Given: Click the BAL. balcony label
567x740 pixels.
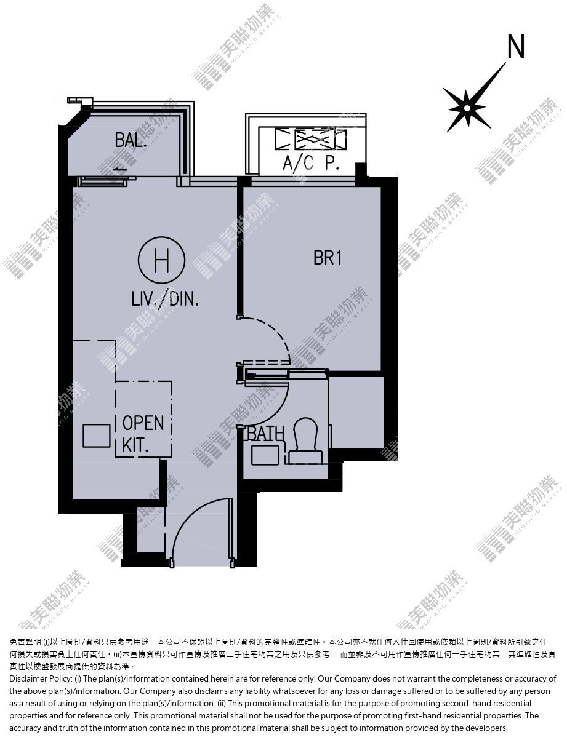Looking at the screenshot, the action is pos(131,140).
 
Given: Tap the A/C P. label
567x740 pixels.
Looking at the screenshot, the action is pos(311,163).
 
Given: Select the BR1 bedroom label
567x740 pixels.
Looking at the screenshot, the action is pos(328,258).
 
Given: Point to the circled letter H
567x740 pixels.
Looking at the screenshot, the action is pos(161,260).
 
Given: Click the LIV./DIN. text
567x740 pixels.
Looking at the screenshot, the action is pos(165,300).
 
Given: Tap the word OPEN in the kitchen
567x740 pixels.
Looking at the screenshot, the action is pos(143,423).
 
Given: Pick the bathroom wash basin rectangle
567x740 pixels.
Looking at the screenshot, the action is pos(265,455).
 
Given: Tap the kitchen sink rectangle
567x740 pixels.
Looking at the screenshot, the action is pos(97,436).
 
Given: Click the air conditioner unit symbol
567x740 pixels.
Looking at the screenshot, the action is pos(310,139).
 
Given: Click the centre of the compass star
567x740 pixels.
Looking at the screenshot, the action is pos(467,108).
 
